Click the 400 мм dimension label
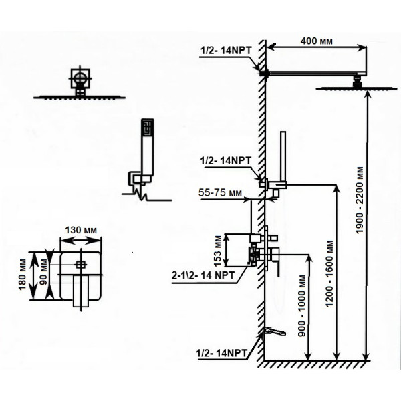click(316, 41)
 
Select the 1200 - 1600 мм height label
click(329, 273)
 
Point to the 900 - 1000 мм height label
click(302, 305)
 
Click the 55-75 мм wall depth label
click(220, 192)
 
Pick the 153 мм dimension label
click(217, 251)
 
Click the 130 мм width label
click(81, 230)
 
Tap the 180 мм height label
click(23, 275)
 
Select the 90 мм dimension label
click(43, 272)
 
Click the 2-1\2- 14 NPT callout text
click(203, 275)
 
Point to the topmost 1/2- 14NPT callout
click(226, 50)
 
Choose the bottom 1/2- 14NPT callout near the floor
click(222, 353)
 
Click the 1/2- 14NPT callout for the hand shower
click(226, 161)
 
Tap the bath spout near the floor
click(275, 331)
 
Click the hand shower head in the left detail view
click(148, 147)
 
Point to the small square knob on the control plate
click(81, 265)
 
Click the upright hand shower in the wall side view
click(283, 156)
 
